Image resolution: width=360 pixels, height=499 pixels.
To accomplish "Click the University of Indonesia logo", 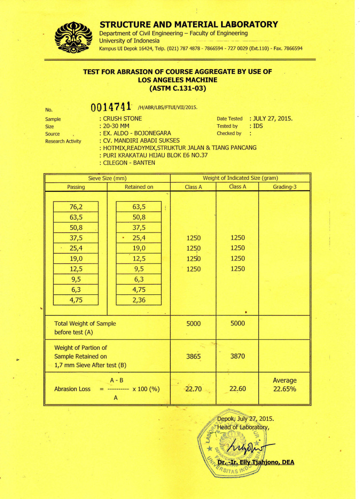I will coord(74,37).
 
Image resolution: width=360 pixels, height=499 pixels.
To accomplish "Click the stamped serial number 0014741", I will coord(111,107).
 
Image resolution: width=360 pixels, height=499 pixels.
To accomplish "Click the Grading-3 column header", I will coord(284,187).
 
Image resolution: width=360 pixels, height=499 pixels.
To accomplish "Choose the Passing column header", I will coord(76,187).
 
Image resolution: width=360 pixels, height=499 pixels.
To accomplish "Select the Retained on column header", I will coord(139,187).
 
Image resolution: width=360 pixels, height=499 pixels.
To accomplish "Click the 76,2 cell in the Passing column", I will coord(76,207).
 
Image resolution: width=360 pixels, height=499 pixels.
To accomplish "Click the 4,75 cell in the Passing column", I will coord(76,300).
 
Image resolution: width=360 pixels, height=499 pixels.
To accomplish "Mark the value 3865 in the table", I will coord(194,356).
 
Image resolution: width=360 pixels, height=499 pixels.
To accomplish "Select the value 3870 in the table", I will coord(237,356).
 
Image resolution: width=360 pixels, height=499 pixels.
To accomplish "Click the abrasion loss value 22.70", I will coord(194,389).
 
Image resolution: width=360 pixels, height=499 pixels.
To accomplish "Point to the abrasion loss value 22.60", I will coord(237,389).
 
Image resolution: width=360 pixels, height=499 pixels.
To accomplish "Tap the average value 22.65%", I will coord(284,389).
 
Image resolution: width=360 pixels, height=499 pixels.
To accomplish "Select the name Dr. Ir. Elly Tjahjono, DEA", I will coord(255,462).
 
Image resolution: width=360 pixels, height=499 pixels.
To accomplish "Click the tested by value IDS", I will coord(258,126).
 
